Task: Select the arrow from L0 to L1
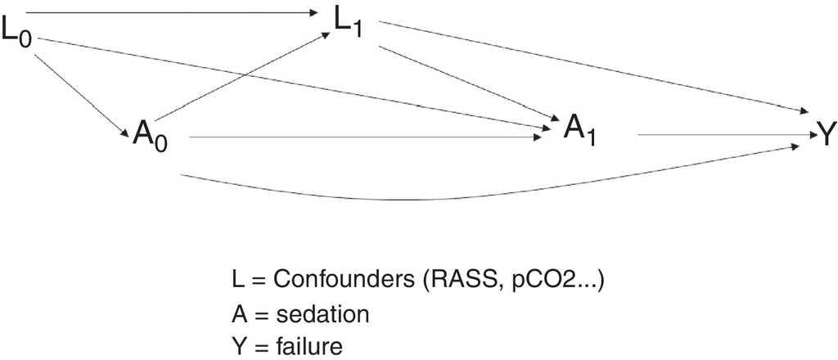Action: click(x=164, y=12)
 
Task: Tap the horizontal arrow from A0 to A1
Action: click(x=368, y=138)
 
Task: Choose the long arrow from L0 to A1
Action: click(x=295, y=83)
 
